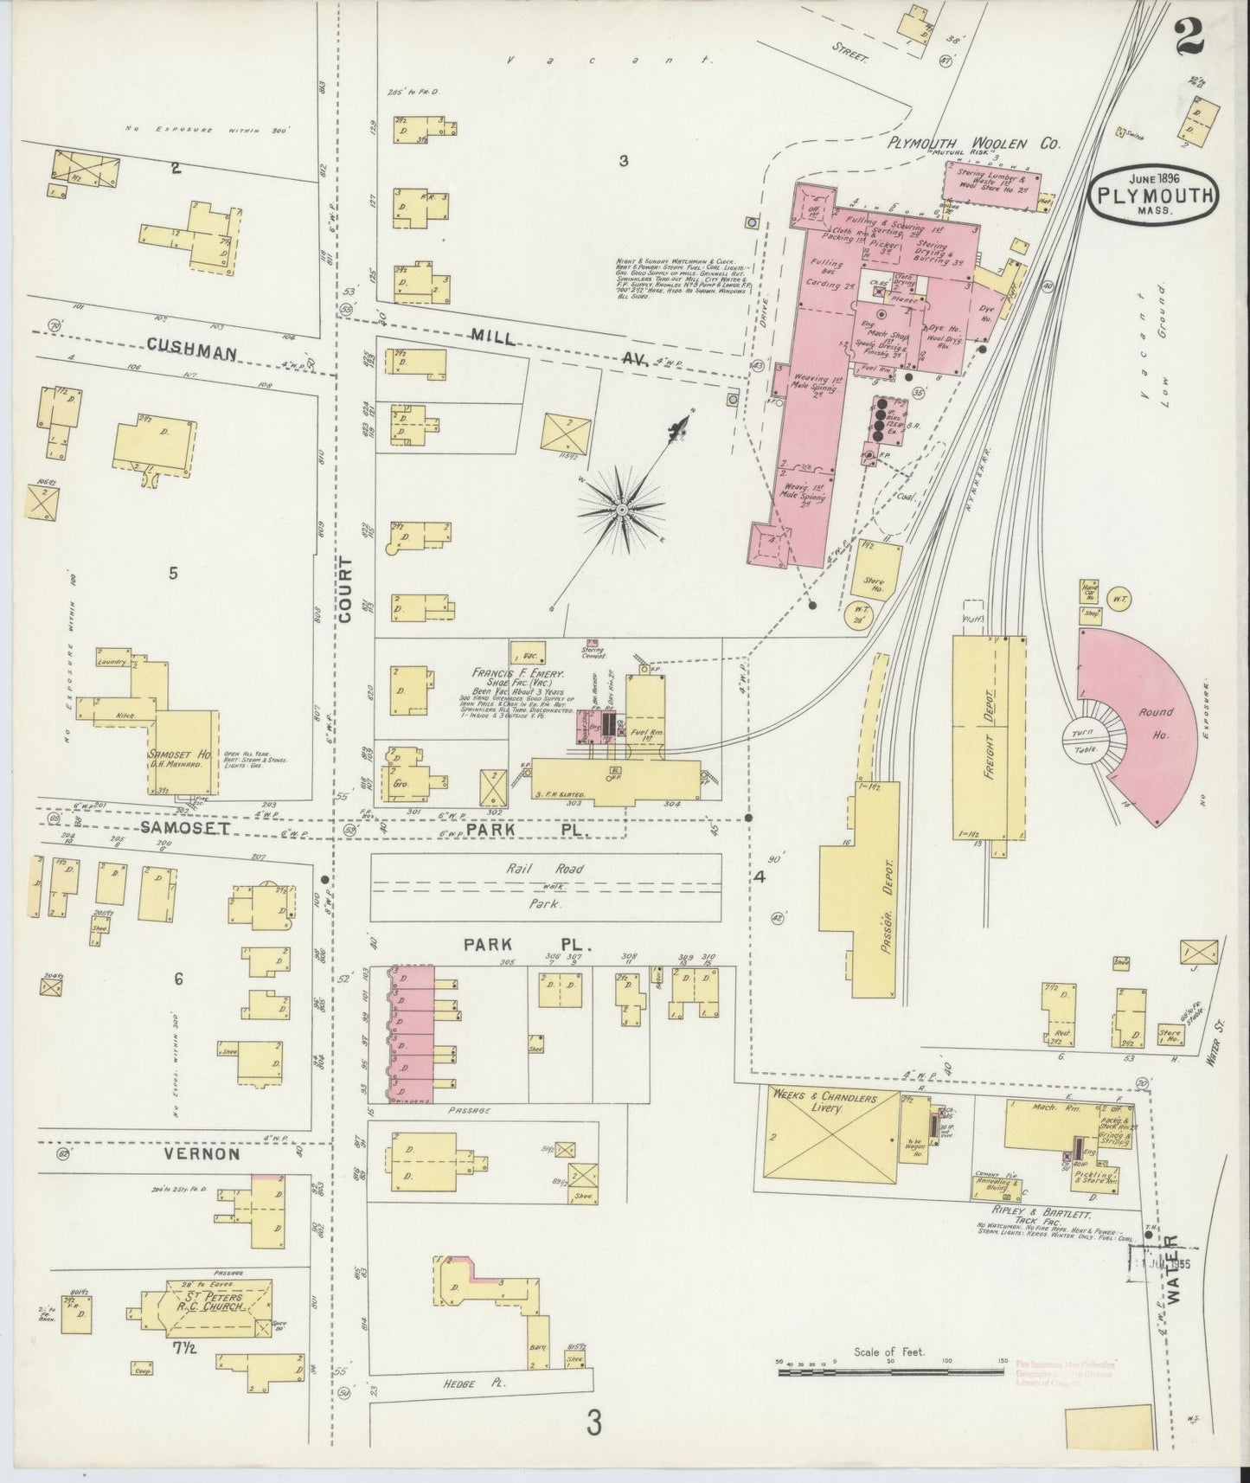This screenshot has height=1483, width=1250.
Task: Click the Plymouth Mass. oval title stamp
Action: pyautogui.click(x=1153, y=194)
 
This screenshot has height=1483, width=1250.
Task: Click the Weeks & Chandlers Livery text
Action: pyautogui.click(x=827, y=1103)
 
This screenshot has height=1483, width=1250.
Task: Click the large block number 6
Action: pyautogui.click(x=179, y=979)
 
